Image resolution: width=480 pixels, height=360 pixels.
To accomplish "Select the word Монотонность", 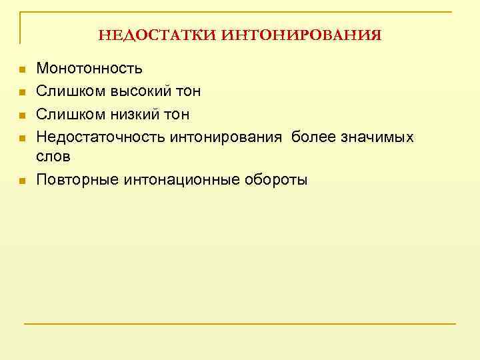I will coord(89,69).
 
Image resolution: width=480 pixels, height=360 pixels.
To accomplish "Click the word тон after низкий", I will coord(175,115).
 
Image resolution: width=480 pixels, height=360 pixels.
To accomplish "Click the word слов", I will coord(53,156).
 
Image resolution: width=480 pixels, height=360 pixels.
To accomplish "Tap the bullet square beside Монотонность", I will coord(22,69).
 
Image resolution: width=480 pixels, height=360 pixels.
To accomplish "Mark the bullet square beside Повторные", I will coord(22,180).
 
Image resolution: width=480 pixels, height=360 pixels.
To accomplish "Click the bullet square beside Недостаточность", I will coord(22,138).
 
